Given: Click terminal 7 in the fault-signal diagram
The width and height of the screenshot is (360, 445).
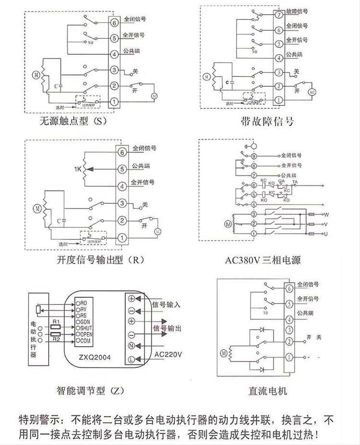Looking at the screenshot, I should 278,15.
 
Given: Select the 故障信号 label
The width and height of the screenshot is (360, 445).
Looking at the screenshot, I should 297,11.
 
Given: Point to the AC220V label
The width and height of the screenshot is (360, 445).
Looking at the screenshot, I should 168,354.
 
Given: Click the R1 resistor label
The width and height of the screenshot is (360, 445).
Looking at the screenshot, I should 56,320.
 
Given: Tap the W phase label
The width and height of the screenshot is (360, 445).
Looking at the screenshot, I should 326,214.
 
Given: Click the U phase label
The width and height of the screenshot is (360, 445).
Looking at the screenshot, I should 326,233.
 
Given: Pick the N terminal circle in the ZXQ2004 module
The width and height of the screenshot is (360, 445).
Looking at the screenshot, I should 131,346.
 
